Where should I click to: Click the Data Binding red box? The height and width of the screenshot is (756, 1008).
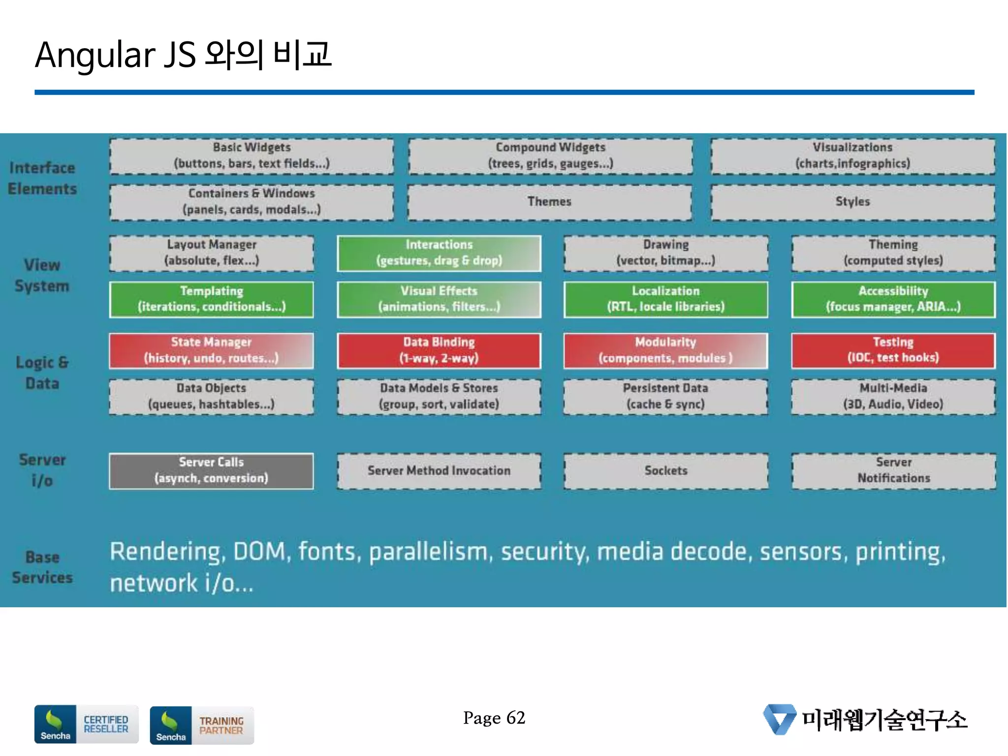click(439, 350)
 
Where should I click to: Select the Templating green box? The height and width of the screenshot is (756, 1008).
click(211, 299)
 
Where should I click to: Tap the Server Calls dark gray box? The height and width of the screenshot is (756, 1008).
click(211, 471)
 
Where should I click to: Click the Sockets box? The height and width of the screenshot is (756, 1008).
click(665, 471)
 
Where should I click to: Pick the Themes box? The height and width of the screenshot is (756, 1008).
click(549, 202)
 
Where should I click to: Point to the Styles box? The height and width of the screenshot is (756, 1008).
click(852, 202)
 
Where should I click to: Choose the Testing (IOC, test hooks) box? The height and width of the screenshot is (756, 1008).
click(893, 350)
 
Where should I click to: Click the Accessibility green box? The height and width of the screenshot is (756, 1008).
click(893, 299)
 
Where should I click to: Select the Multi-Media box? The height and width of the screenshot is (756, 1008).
click(893, 396)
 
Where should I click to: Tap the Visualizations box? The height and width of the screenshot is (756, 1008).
click(852, 156)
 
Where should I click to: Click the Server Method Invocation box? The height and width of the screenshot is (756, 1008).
click(439, 471)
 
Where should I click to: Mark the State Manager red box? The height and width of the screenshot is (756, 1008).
click(211, 350)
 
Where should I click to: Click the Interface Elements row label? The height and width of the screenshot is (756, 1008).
click(42, 178)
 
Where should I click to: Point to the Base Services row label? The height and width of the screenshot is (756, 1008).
click(42, 567)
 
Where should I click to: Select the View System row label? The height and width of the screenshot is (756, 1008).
click(42, 276)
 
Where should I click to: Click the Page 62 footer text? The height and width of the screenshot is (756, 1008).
click(494, 718)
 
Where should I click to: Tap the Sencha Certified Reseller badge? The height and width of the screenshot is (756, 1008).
click(86, 724)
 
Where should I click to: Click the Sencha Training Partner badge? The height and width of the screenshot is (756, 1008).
click(202, 725)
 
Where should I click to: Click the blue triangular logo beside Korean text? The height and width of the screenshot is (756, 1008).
click(779, 719)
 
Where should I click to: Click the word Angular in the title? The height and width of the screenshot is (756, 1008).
click(95, 55)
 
